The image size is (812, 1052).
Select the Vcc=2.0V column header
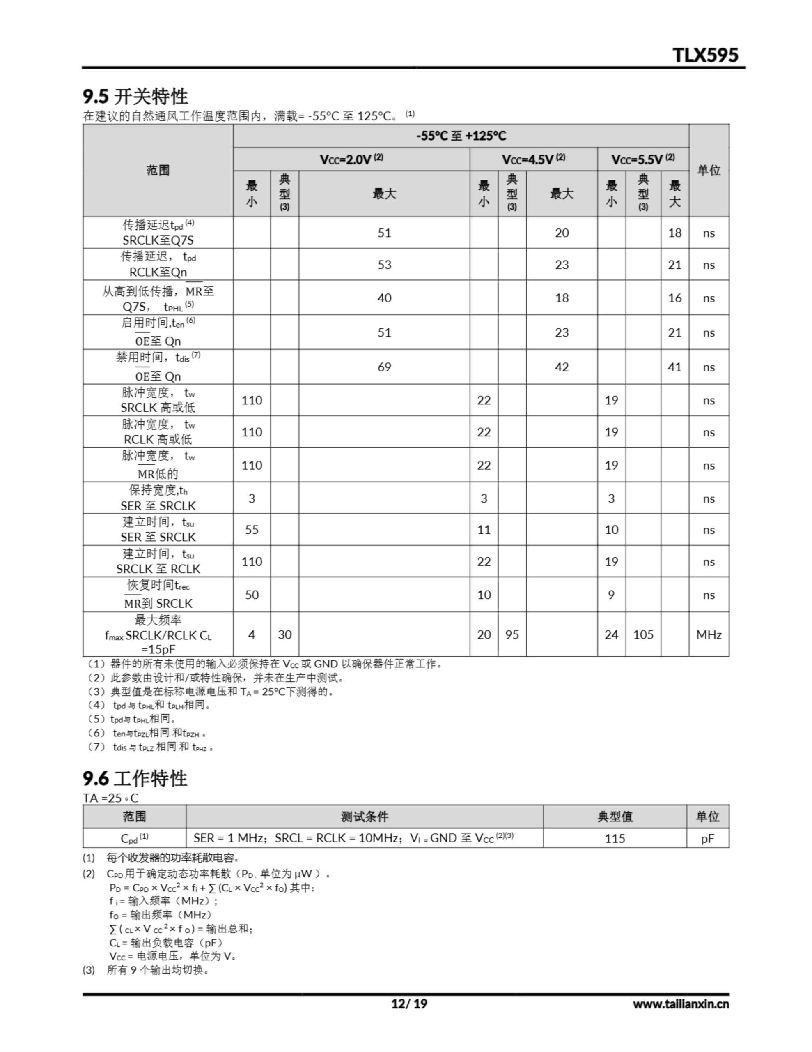pyautogui.click(x=351, y=159)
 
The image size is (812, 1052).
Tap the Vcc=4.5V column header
pyautogui.click(x=533, y=159)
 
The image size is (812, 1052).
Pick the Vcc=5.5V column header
pyautogui.click(x=643, y=159)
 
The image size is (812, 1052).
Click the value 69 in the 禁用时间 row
pyautogui.click(x=384, y=367)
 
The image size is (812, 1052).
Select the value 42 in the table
pyautogui.click(x=562, y=367)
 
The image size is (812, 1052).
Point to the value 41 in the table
pyautogui.click(x=674, y=367)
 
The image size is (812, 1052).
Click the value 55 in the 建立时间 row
pyautogui.click(x=252, y=530)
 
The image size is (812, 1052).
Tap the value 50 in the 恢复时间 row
pyautogui.click(x=252, y=595)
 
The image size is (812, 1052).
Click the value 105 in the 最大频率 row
pyautogui.click(x=643, y=634)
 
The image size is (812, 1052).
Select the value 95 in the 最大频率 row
pyautogui.click(x=512, y=634)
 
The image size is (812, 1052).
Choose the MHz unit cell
pyautogui.click(x=709, y=634)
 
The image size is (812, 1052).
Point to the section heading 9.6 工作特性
pyautogui.click(x=135, y=779)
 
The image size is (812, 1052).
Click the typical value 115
pyautogui.click(x=615, y=839)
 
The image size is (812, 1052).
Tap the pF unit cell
pyautogui.click(x=708, y=839)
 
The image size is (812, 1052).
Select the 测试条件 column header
pyautogui.click(x=365, y=817)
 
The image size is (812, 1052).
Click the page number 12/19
pyautogui.click(x=408, y=1004)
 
